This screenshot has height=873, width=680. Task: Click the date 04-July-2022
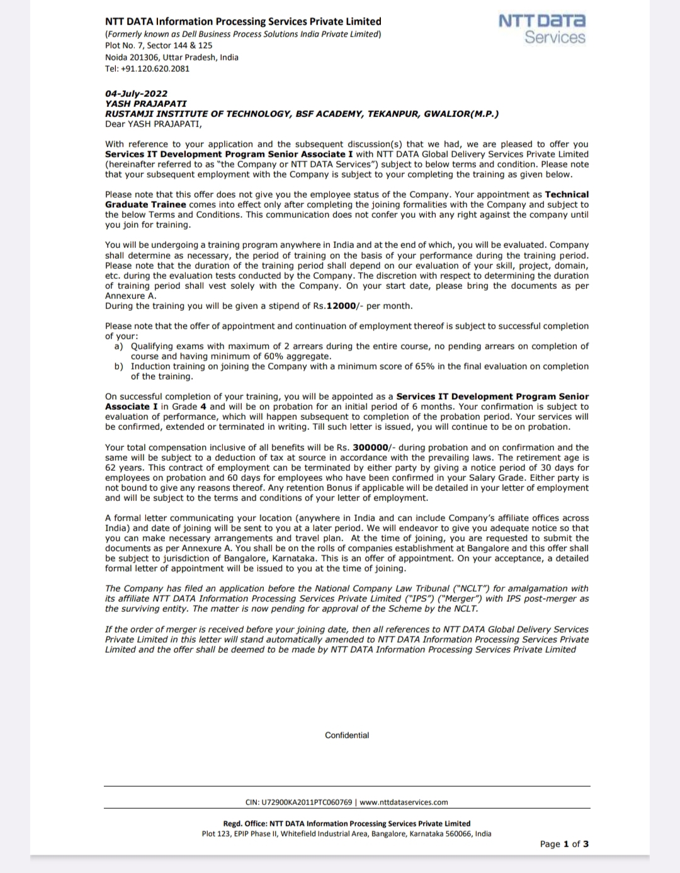(136, 94)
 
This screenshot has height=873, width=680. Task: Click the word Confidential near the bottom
(347, 735)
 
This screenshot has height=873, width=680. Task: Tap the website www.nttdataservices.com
(404, 803)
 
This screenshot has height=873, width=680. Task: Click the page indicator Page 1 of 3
(564, 844)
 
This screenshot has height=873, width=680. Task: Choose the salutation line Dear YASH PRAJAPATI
(153, 124)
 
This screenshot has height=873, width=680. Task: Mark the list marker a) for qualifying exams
(118, 346)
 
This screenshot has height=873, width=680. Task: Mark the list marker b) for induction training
(118, 366)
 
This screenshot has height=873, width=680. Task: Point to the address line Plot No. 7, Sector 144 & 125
(159, 45)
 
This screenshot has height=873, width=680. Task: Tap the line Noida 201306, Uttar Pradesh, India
(172, 57)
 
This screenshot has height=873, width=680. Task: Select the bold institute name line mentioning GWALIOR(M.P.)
(302, 114)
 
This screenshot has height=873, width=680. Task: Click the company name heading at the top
(243, 21)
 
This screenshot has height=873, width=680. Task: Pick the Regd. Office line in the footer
(347, 823)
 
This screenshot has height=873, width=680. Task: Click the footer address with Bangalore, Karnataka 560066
(347, 833)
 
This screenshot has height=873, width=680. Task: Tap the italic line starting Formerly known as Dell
(243, 34)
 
